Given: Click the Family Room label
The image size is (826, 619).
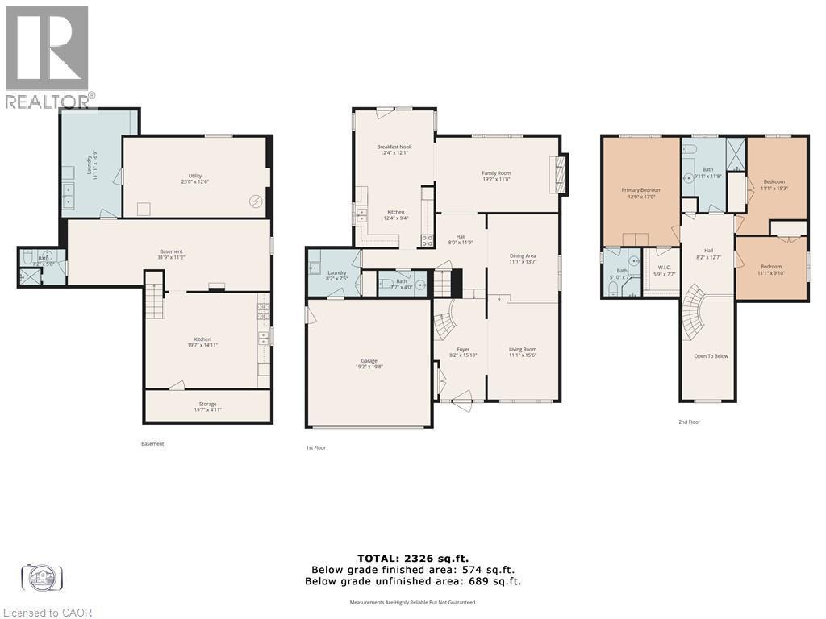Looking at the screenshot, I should click(x=496, y=173).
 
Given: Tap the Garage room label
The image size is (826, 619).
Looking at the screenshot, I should click(x=369, y=361).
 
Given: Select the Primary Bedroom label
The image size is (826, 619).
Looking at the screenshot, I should click(x=641, y=190).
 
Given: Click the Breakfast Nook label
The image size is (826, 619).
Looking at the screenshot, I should click(x=394, y=147).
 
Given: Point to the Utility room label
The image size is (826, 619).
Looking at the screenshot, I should click(x=195, y=176).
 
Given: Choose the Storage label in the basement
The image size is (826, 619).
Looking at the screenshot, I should click(x=207, y=405).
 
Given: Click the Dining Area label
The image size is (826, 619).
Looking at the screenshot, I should click(x=523, y=256).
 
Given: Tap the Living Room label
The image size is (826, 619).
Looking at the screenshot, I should click(x=523, y=350).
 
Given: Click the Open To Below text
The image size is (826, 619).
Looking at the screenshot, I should click(x=711, y=355).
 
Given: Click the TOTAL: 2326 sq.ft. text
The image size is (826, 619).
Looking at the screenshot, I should click(x=412, y=558).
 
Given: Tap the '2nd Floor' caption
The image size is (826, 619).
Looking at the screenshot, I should click(x=689, y=422).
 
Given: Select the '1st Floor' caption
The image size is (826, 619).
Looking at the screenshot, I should click(x=315, y=447).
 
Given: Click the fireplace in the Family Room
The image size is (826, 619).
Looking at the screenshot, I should click(x=556, y=173).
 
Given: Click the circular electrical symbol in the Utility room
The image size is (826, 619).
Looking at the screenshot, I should click(x=257, y=201).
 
